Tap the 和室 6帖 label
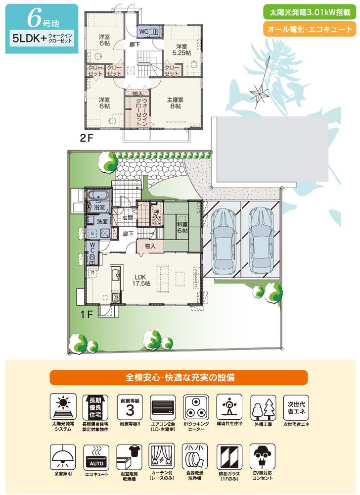[x=182, y=228]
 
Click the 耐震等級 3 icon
[x=131, y=406]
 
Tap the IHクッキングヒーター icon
[x=195, y=406]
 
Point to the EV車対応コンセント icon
[x=263, y=456]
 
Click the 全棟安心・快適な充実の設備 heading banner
[x=180, y=377]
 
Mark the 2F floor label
[x=86, y=139]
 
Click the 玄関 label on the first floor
[x=126, y=218]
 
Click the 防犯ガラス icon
[x=229, y=456]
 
